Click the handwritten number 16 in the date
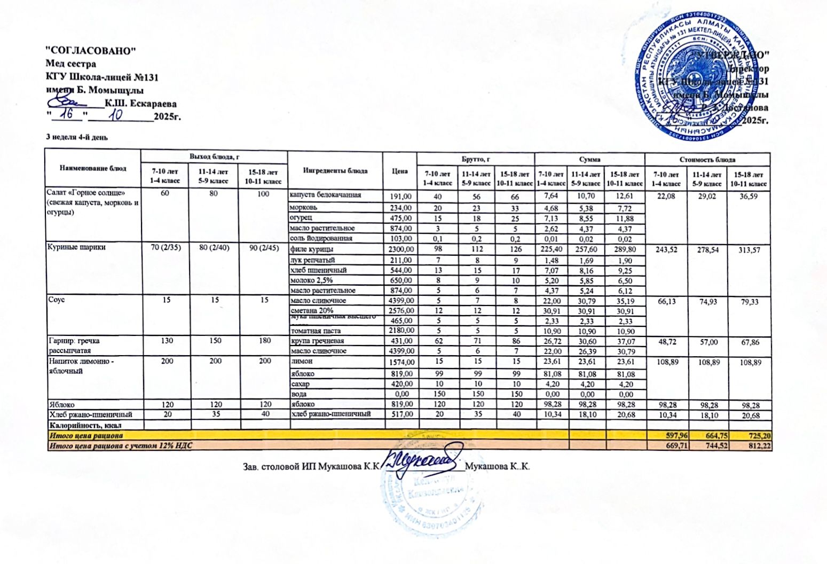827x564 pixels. (68, 114)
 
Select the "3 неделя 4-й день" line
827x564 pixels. (77, 137)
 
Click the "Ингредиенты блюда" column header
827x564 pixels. (335, 171)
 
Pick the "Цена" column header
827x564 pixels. (399, 171)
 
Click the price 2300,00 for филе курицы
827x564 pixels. (400, 249)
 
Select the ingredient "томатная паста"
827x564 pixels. (315, 331)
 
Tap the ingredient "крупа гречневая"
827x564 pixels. (317, 341)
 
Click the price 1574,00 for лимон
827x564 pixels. (400, 362)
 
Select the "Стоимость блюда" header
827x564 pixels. (707, 159)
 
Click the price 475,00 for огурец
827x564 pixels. (401, 218)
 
